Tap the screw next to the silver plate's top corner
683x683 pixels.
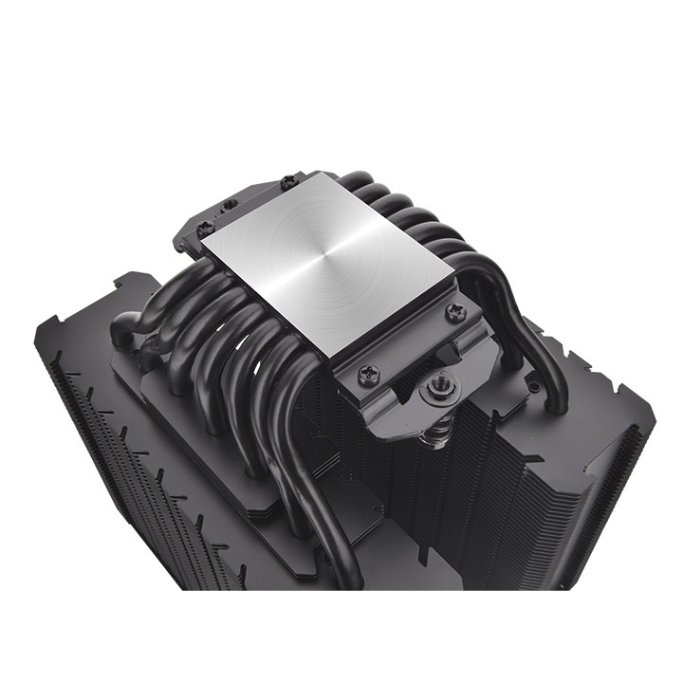click(286, 180)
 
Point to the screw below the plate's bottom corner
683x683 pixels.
click(364, 374)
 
